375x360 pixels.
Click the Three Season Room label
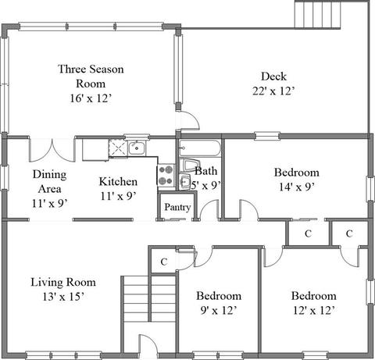(x=91, y=77)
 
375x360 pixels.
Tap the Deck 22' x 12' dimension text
(x=273, y=91)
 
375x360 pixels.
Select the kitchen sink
(x=137, y=148)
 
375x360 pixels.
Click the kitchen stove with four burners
(x=166, y=175)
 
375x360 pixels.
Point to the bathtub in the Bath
(x=200, y=148)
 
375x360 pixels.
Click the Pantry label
(x=177, y=208)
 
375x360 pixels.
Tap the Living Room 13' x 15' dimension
(x=63, y=297)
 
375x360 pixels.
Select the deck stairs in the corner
(x=317, y=15)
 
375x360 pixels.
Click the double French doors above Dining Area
(x=52, y=151)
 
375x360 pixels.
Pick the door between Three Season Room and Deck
(x=188, y=119)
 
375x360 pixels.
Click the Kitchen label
(x=118, y=182)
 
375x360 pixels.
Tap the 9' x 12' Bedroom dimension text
(x=219, y=310)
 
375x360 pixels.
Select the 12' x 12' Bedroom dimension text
(x=314, y=310)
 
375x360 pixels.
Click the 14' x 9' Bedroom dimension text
(x=297, y=187)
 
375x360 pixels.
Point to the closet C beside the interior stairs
(x=163, y=262)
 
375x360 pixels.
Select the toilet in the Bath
(x=190, y=165)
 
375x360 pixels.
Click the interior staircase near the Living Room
(x=149, y=299)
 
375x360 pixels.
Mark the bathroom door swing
(x=209, y=209)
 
